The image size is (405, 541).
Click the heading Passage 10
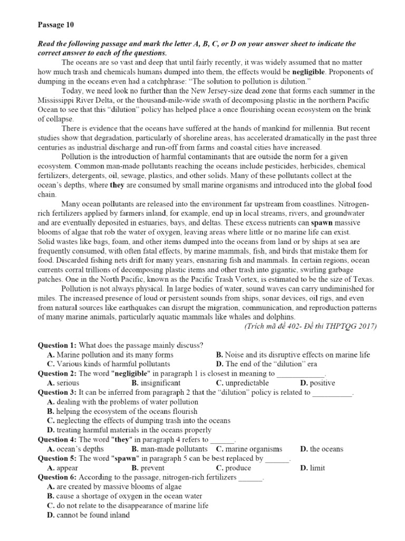pos(54,24)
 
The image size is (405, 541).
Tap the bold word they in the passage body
pos(117,185)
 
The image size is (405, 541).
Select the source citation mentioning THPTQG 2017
pos(311,326)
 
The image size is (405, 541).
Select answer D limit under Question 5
pos(313,468)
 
